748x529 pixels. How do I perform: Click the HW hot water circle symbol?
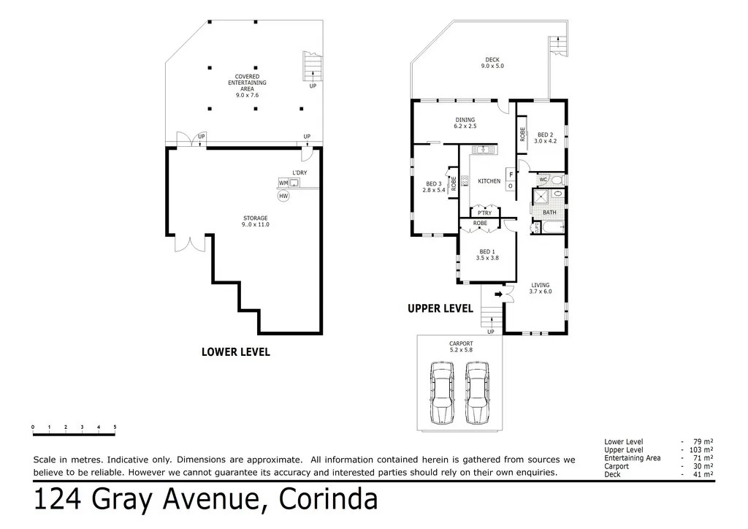[x=283, y=196]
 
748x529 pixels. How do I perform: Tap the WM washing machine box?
[x=283, y=183]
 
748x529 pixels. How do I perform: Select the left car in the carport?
[x=442, y=392]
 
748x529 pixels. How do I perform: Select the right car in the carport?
[x=477, y=392]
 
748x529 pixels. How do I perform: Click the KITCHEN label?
[x=489, y=181]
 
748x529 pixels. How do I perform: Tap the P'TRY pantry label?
[x=484, y=213]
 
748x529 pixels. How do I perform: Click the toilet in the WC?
[x=559, y=180]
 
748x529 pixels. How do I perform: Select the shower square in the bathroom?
[x=541, y=197]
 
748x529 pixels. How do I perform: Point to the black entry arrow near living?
[x=498, y=294]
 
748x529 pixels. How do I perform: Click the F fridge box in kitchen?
[x=511, y=175]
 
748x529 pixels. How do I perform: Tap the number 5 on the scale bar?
[x=115, y=427]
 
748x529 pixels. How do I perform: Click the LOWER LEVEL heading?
[x=236, y=352]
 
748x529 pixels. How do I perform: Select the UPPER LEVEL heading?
[x=440, y=308]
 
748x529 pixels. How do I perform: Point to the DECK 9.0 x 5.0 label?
[x=492, y=63]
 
